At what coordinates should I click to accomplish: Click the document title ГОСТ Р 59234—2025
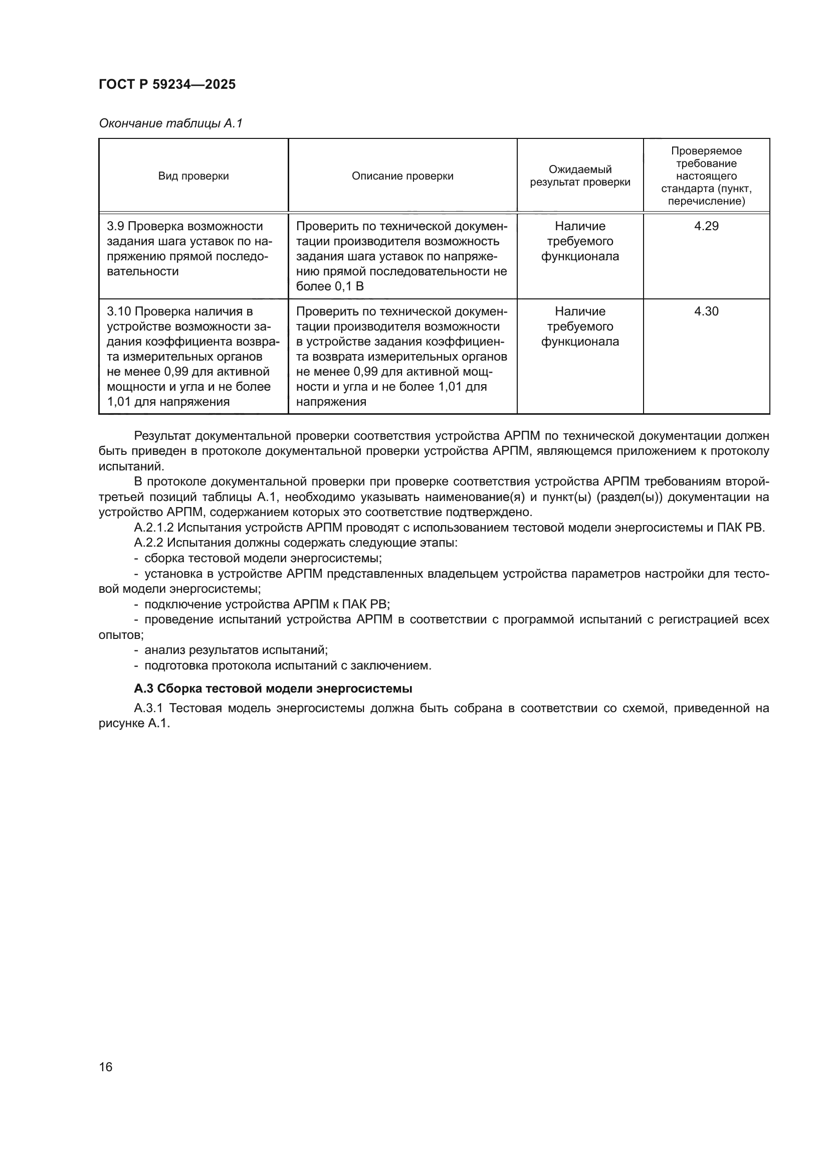(x=167, y=84)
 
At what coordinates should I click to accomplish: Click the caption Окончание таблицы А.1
(x=170, y=123)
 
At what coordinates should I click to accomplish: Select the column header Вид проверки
(x=193, y=176)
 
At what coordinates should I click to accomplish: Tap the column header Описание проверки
(x=402, y=176)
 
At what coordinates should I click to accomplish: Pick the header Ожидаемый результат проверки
(x=580, y=176)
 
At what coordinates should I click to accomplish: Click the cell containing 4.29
(x=706, y=226)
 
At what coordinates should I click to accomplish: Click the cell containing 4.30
(x=706, y=311)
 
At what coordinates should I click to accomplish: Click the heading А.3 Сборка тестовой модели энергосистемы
(x=273, y=688)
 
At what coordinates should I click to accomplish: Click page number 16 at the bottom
(x=106, y=1067)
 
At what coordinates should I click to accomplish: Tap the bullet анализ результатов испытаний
(x=236, y=650)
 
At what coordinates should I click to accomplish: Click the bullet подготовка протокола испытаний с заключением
(x=288, y=665)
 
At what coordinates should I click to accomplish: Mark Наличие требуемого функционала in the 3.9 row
(x=580, y=241)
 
